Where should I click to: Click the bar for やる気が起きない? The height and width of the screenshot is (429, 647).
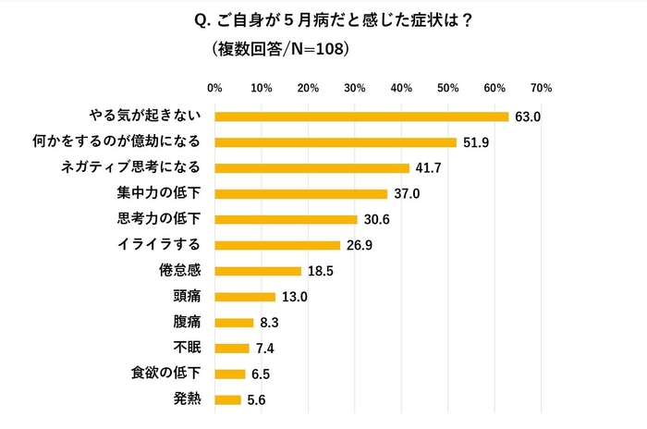tap(361, 116)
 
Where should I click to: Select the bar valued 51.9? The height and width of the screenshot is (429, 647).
tap(336, 142)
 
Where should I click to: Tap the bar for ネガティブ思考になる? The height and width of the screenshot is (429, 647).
tap(311, 168)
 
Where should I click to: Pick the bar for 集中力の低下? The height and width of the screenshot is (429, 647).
tap(300, 194)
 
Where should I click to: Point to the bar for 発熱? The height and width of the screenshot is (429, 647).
tap(227, 400)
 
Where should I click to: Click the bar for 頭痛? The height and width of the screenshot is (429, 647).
tap(245, 297)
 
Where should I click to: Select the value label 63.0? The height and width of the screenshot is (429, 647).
tap(527, 116)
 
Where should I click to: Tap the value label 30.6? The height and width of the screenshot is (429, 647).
tap(375, 220)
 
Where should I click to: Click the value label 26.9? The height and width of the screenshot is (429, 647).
tap(359, 246)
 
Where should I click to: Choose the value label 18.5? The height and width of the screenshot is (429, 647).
tap(319, 271)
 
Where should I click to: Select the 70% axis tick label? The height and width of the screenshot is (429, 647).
tap(542, 89)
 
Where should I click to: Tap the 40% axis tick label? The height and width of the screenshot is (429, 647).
tap(401, 89)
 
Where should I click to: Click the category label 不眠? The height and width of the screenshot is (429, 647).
tap(189, 349)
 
